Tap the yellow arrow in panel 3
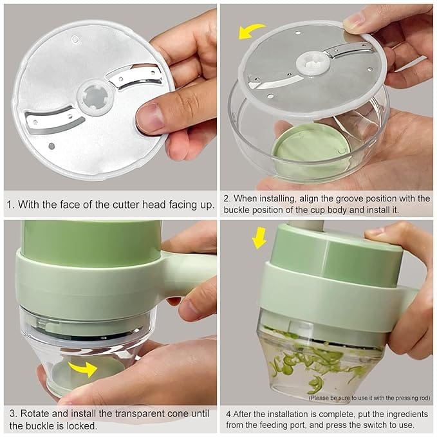pos(83,368)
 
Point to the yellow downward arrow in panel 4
pos(259,237)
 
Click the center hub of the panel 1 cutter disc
pos(96,97)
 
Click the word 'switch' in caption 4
pos(374,425)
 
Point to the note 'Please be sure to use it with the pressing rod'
pos(369,398)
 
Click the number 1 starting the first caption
pos(10,205)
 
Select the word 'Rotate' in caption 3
pos(35,413)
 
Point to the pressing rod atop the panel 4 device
pos(306,225)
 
